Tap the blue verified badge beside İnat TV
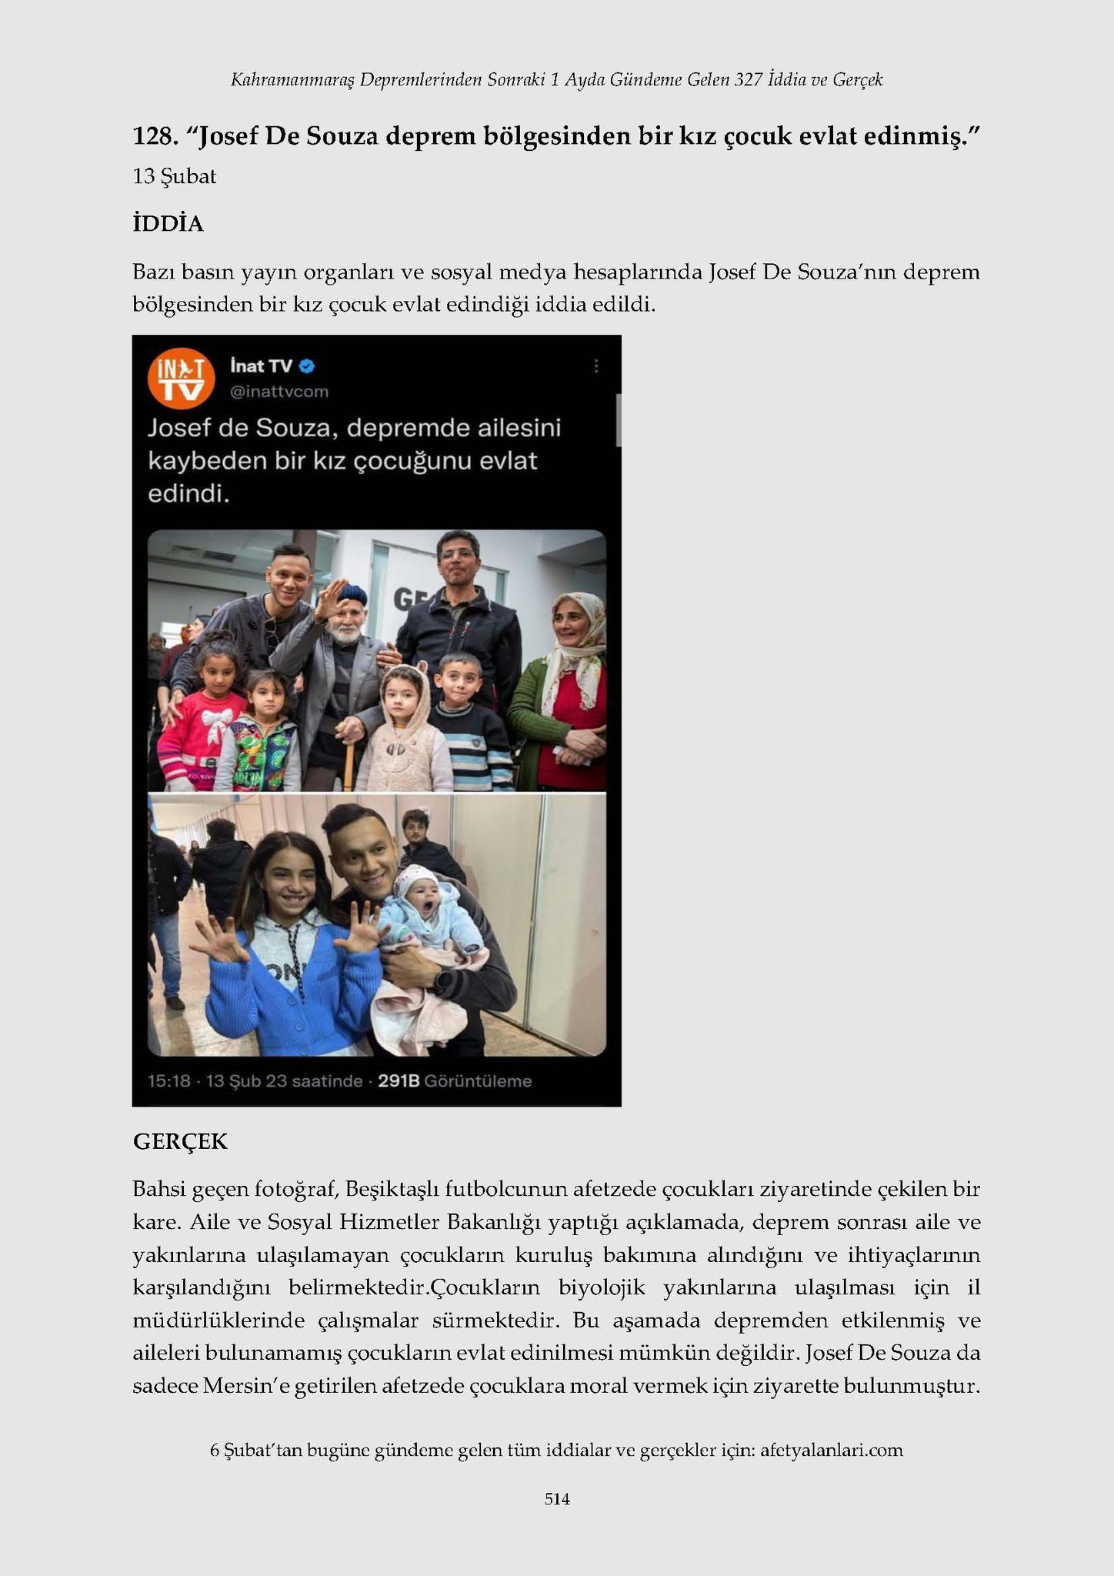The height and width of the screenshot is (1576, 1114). (x=307, y=366)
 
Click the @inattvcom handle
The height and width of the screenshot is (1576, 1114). (x=279, y=392)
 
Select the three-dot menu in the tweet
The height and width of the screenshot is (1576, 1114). (x=595, y=367)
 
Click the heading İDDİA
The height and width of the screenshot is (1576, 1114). (x=168, y=224)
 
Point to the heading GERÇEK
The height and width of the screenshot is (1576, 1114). (x=180, y=1141)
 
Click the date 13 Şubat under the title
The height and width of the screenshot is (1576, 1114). (x=174, y=176)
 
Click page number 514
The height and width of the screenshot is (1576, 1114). (x=557, y=1499)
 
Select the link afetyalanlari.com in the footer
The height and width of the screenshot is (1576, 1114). (x=831, y=1451)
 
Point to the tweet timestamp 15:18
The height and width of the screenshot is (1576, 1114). (x=168, y=1081)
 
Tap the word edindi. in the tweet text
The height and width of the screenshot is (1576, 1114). (x=188, y=493)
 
